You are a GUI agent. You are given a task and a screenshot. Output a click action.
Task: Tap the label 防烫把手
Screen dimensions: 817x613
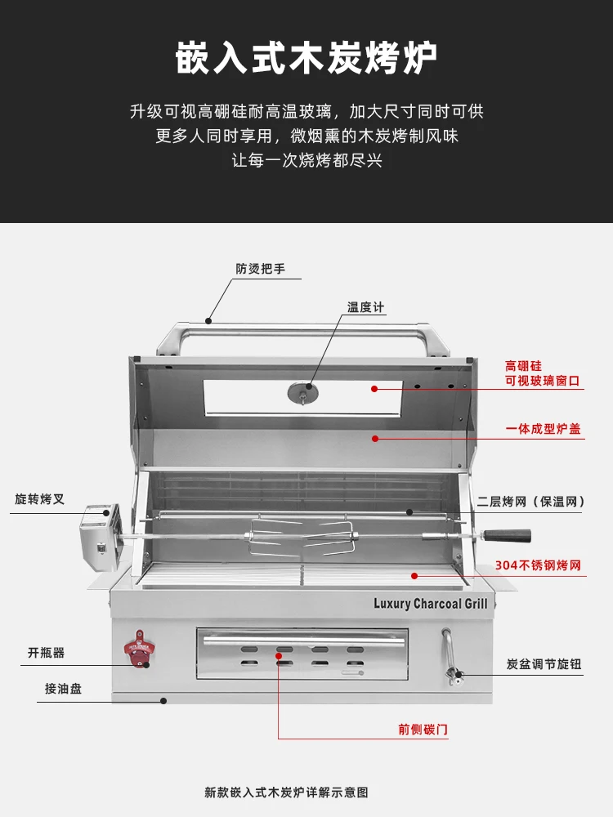[x=261, y=269]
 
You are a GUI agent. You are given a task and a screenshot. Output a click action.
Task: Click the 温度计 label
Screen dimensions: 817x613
[x=365, y=307]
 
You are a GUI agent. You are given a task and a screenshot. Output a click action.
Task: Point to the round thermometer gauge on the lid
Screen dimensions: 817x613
[x=303, y=393]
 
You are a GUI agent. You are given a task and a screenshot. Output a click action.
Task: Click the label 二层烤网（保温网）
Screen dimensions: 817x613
[x=532, y=502]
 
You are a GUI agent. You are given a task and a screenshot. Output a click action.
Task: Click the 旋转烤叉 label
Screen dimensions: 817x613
[x=39, y=499]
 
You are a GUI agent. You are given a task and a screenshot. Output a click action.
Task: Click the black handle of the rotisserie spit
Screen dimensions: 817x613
[x=506, y=535]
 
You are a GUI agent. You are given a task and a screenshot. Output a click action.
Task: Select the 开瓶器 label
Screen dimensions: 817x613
[x=46, y=653]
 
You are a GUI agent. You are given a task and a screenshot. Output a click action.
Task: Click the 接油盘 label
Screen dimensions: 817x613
[x=63, y=689]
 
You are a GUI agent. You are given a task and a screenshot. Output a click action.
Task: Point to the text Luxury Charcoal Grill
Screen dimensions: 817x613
[x=430, y=604]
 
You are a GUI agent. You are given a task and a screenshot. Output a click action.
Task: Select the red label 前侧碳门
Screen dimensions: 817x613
[x=423, y=730]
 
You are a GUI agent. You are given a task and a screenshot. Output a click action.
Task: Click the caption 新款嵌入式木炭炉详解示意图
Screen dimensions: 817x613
[x=286, y=792]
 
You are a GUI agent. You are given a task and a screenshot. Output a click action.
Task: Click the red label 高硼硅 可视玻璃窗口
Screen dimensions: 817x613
[x=543, y=373]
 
